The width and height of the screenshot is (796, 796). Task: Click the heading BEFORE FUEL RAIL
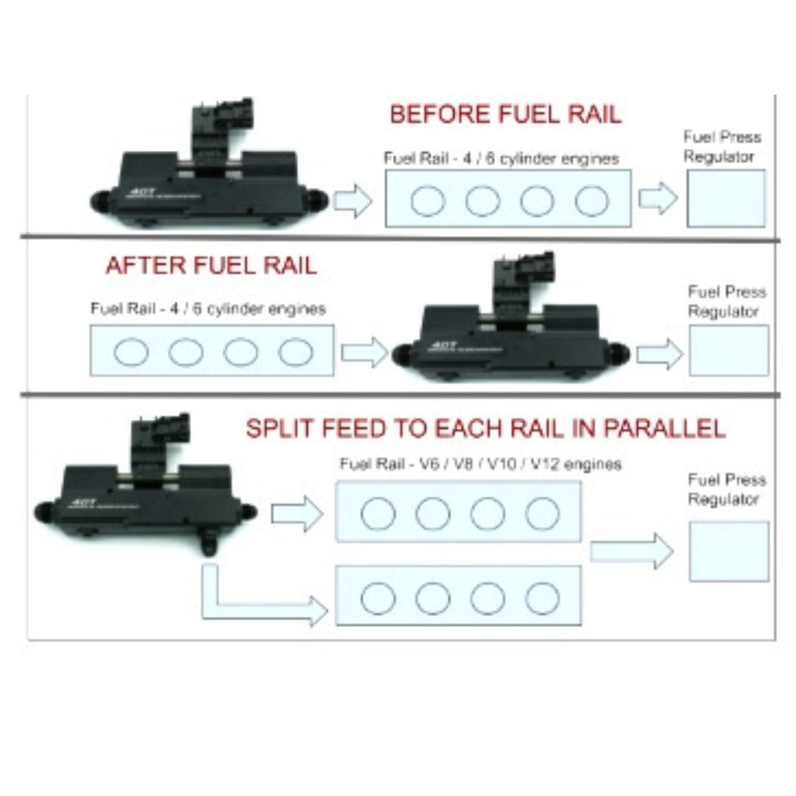[x=505, y=115]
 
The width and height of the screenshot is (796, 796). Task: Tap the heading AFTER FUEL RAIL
[x=211, y=265]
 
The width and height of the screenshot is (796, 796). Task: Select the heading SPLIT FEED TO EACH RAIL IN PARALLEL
[x=485, y=428]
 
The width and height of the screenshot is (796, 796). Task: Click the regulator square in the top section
[x=726, y=198]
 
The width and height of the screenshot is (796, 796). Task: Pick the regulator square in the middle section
[x=728, y=351]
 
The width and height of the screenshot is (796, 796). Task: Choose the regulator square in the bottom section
[x=729, y=551]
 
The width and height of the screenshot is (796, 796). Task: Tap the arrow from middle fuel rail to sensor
[x=365, y=351]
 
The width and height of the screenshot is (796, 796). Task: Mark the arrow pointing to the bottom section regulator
[x=631, y=551]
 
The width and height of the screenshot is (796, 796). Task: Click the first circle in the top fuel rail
[x=428, y=201]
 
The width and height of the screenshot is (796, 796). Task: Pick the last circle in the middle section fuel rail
[x=296, y=352]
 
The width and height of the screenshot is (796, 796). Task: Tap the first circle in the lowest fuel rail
[x=378, y=598]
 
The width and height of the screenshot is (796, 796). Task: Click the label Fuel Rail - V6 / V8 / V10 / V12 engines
[x=480, y=464]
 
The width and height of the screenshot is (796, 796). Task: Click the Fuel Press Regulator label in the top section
[x=722, y=147]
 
